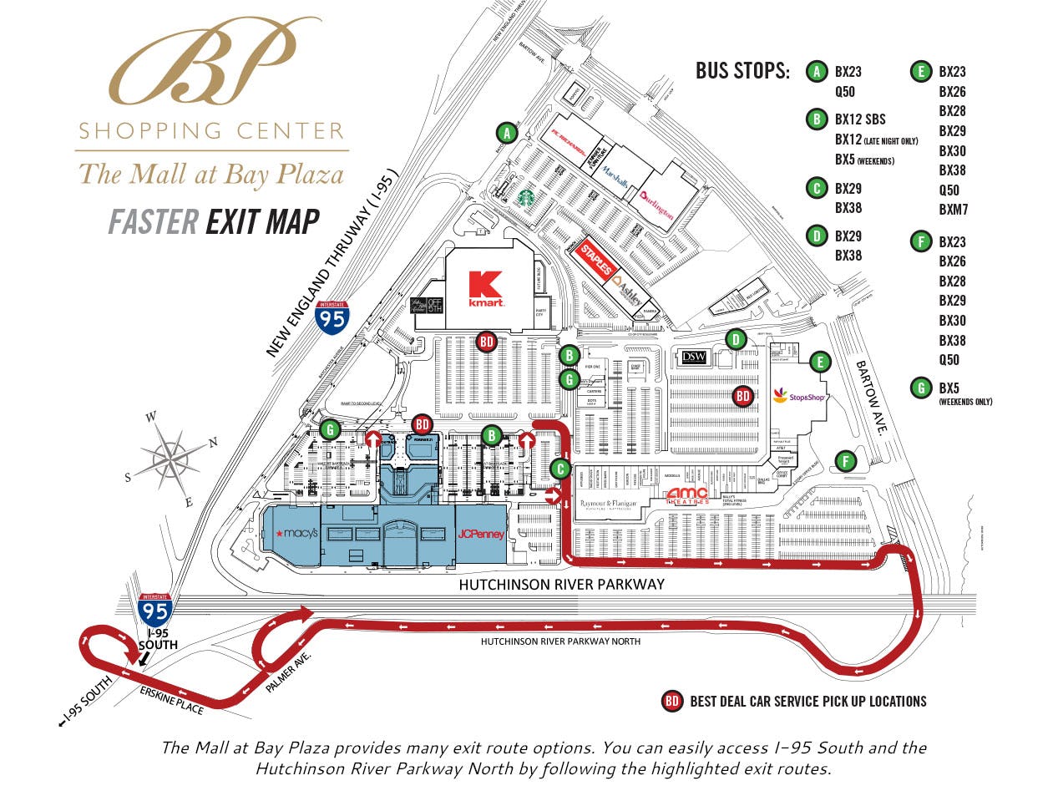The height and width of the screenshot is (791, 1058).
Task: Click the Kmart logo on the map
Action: tap(485, 289)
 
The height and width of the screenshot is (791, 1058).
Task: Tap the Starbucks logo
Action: tap(524, 196)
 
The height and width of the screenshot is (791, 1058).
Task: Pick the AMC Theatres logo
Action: tap(688, 495)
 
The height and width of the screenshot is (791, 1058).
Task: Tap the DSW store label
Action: tap(694, 357)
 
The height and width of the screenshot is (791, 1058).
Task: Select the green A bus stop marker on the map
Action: tap(505, 132)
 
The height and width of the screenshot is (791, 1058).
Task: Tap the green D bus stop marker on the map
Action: tap(736, 339)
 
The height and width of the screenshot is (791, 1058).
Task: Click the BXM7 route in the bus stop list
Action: tap(953, 209)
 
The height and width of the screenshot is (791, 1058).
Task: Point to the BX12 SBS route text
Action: tap(860, 119)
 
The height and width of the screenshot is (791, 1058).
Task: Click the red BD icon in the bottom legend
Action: tap(672, 701)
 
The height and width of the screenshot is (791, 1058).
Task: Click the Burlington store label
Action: tap(656, 204)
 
